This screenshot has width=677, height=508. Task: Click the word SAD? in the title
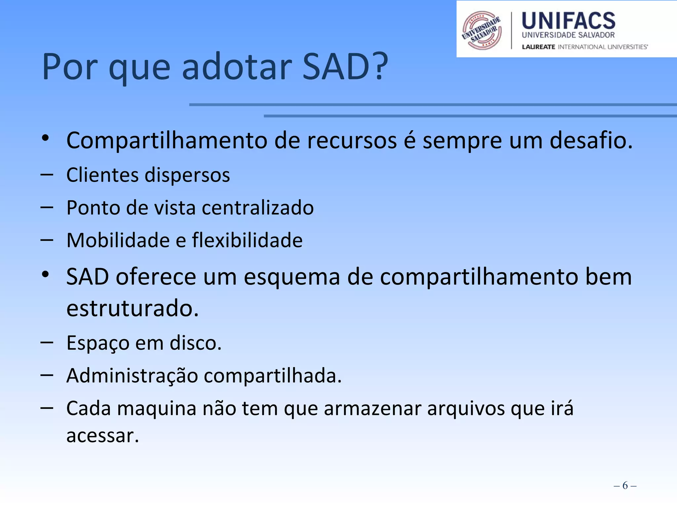[345, 67]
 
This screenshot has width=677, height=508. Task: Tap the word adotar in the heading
[237, 67]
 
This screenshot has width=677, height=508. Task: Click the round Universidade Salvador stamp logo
[482, 30]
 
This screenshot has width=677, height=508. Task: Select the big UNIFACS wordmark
[568, 21]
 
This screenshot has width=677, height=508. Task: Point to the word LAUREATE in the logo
[538, 47]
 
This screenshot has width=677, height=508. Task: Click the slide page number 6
[625, 486]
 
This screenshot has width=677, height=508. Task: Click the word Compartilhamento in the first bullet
[167, 141]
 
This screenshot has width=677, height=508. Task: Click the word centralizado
[258, 208]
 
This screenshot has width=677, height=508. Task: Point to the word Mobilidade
[118, 240]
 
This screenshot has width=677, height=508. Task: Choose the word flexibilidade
[247, 240]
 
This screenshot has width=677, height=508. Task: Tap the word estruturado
[132, 308]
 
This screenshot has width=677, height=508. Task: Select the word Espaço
[98, 343]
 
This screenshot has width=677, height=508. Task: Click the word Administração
[132, 376]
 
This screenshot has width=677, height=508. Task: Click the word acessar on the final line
[102, 436]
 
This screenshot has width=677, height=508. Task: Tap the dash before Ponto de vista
[47, 208]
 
